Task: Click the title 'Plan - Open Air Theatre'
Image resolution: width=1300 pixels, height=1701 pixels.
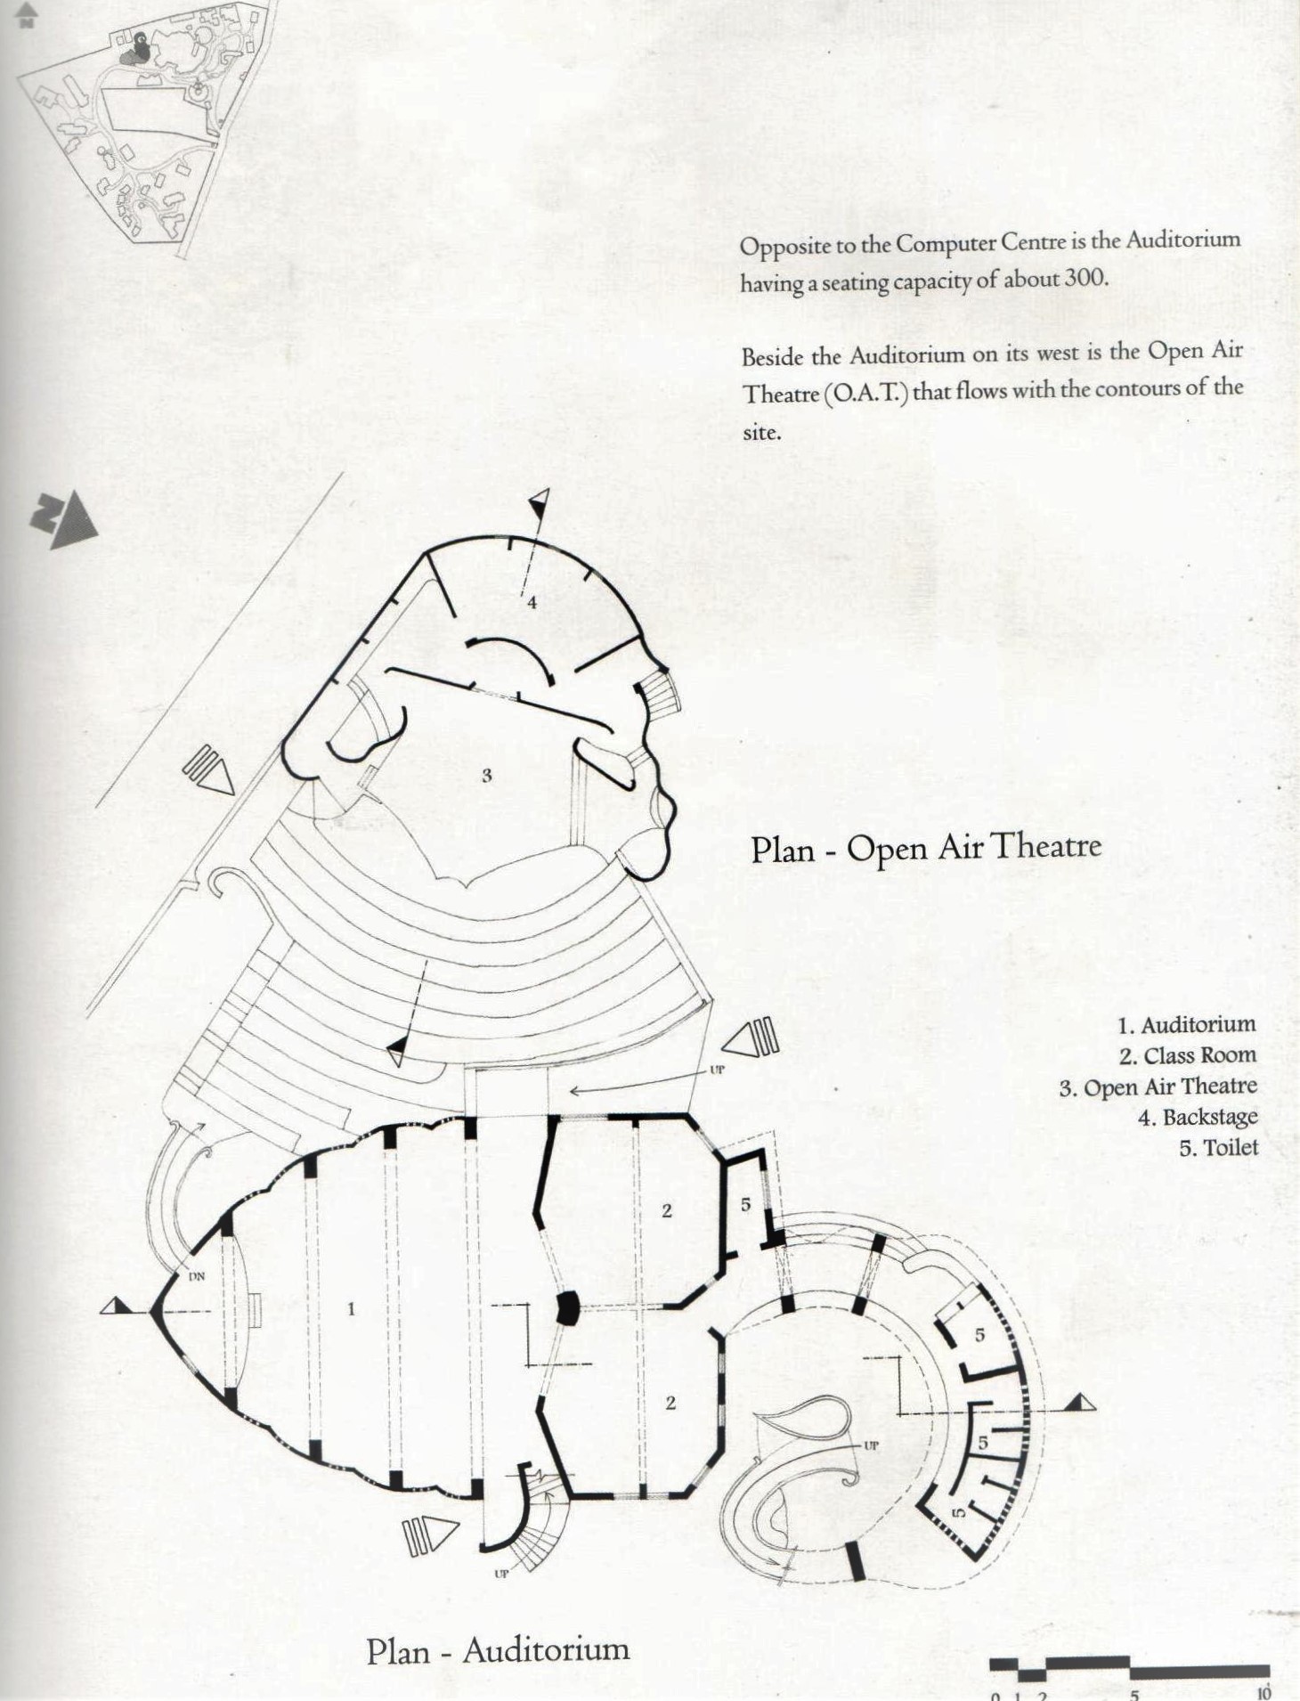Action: point(926,847)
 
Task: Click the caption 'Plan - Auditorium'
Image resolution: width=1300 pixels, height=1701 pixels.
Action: point(498,1649)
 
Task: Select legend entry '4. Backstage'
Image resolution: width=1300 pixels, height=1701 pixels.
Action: point(1198,1117)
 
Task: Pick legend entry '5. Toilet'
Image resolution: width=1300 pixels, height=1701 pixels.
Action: point(1218,1148)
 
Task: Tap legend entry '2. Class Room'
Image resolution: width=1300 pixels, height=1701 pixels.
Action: point(1188,1055)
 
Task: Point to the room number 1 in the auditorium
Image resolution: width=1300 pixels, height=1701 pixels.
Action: point(351,1308)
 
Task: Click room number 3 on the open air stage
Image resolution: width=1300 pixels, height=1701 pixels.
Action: point(486,775)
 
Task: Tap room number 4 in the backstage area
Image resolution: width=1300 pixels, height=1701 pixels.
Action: point(532,602)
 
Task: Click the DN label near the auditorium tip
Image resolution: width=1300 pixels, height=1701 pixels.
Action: point(197,1276)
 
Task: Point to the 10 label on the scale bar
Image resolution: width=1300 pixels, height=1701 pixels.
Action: point(1263,1693)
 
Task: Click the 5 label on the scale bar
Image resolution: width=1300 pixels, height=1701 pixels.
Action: point(1134,1694)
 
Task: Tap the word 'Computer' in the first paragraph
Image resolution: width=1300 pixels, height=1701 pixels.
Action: point(947,243)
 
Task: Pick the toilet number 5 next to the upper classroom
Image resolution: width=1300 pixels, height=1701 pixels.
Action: point(745,1204)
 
